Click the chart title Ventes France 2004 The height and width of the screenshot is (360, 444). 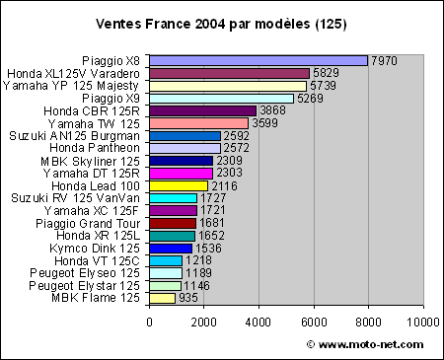[222, 22]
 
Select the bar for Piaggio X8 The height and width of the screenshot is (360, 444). [259, 60]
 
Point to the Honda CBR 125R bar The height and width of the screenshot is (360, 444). [202, 110]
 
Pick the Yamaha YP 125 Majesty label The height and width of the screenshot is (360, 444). [74, 85]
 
